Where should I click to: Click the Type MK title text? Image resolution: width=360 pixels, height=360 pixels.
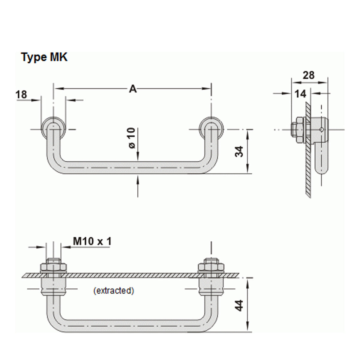[44, 57]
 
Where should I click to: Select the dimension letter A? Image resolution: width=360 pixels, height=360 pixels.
[133, 89]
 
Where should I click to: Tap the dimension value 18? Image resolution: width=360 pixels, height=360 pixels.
[21, 94]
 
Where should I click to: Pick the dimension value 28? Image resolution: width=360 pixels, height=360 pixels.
[308, 75]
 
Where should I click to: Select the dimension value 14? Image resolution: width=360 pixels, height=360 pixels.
[300, 94]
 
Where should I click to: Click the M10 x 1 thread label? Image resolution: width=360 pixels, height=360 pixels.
[92, 241]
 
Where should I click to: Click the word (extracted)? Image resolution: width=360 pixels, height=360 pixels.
[114, 290]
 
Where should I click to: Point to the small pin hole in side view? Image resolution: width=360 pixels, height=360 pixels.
[321, 130]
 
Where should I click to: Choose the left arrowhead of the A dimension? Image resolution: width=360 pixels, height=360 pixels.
[57, 89]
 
